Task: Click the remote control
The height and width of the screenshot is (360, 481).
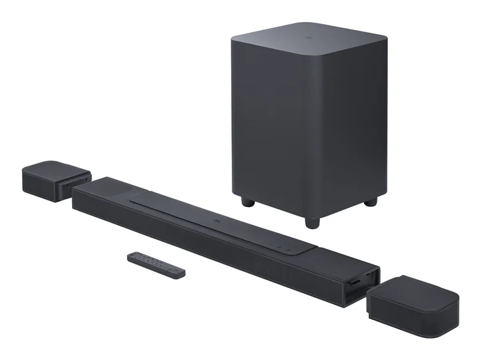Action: pyautogui.click(x=158, y=264)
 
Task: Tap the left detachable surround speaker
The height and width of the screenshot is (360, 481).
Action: pyautogui.click(x=55, y=177)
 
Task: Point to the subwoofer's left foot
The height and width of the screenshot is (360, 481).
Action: pyautogui.click(x=247, y=200)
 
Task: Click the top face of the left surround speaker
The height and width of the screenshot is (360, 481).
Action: pyautogui.click(x=53, y=167)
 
